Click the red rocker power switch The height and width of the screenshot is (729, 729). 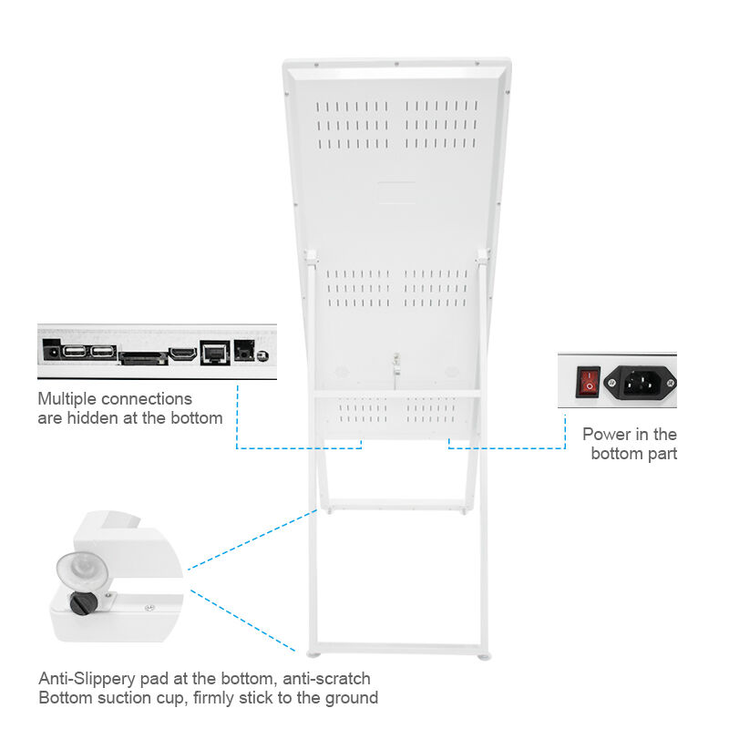[589, 380]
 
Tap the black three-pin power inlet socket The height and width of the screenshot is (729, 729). [647, 381]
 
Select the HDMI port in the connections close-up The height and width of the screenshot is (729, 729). [183, 353]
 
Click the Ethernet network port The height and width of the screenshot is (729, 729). [214, 351]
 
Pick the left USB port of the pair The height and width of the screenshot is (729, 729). [76, 351]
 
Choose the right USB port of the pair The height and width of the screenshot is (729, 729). [103, 351]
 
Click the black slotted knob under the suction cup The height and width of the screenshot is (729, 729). [84, 602]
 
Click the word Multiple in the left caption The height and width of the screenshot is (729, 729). [67, 399]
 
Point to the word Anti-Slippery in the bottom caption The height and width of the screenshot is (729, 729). [83, 679]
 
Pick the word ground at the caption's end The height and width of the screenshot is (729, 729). [353, 699]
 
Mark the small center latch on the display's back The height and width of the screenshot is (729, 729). [395, 364]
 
